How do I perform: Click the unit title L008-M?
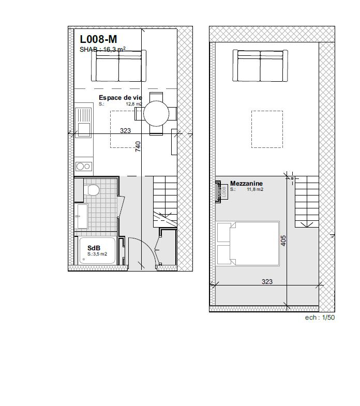(98, 39)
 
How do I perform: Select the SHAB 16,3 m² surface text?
(103, 50)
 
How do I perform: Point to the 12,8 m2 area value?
(134, 103)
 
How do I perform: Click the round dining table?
(156, 114)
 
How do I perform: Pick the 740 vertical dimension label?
(138, 146)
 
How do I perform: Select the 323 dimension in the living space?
(125, 131)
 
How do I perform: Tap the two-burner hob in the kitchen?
(83, 166)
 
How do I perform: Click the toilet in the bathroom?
(93, 190)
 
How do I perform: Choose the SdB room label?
(94, 248)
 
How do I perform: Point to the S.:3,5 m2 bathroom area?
(97, 254)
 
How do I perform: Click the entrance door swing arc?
(147, 248)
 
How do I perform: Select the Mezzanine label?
(246, 184)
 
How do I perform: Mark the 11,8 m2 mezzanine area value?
(254, 189)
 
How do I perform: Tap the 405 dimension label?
(283, 241)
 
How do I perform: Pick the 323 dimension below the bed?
(267, 282)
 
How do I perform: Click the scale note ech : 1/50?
(319, 318)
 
